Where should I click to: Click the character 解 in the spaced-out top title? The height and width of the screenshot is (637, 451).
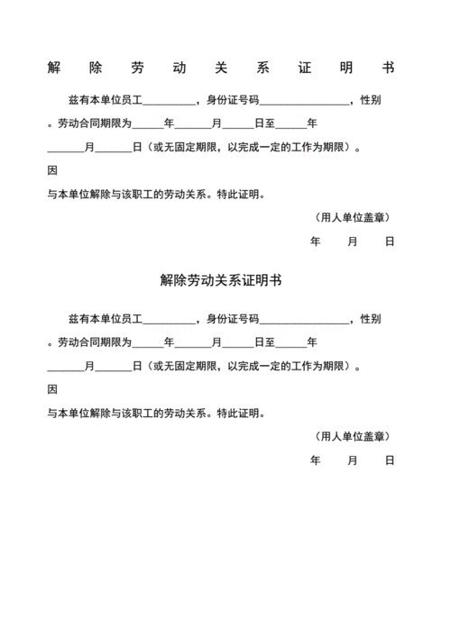(53, 69)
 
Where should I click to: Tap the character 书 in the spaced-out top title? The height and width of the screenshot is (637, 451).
(389, 69)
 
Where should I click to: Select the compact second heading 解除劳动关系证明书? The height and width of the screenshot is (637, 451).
(221, 281)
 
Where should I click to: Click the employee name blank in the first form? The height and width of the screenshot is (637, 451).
(169, 100)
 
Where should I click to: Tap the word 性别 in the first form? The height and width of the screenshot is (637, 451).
(370, 99)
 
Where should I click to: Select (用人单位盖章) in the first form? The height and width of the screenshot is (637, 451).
(353, 217)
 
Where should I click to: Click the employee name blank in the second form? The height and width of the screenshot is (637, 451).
(169, 320)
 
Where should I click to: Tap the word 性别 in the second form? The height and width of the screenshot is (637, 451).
(370, 319)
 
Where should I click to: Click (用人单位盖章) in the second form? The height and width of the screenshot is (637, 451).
(353, 436)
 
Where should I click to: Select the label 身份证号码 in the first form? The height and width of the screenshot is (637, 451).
(233, 99)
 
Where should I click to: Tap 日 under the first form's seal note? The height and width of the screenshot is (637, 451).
(390, 241)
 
